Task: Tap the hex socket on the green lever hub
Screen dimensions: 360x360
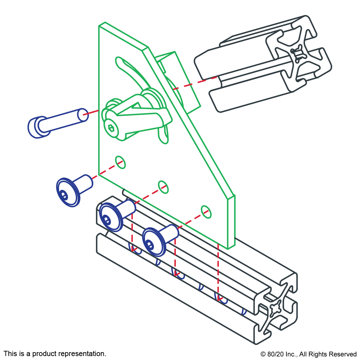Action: tap(112, 128)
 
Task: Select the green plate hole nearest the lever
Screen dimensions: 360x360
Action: tap(120, 162)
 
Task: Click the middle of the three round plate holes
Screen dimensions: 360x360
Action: tap(163, 187)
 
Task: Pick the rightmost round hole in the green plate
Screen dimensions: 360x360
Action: tap(206, 212)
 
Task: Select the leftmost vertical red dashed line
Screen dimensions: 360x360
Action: tap(132, 232)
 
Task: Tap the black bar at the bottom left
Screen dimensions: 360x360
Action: tap(55, 354)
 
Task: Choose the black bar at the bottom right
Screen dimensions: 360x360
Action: tap(308, 355)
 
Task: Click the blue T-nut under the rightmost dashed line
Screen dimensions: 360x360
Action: tap(223, 299)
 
